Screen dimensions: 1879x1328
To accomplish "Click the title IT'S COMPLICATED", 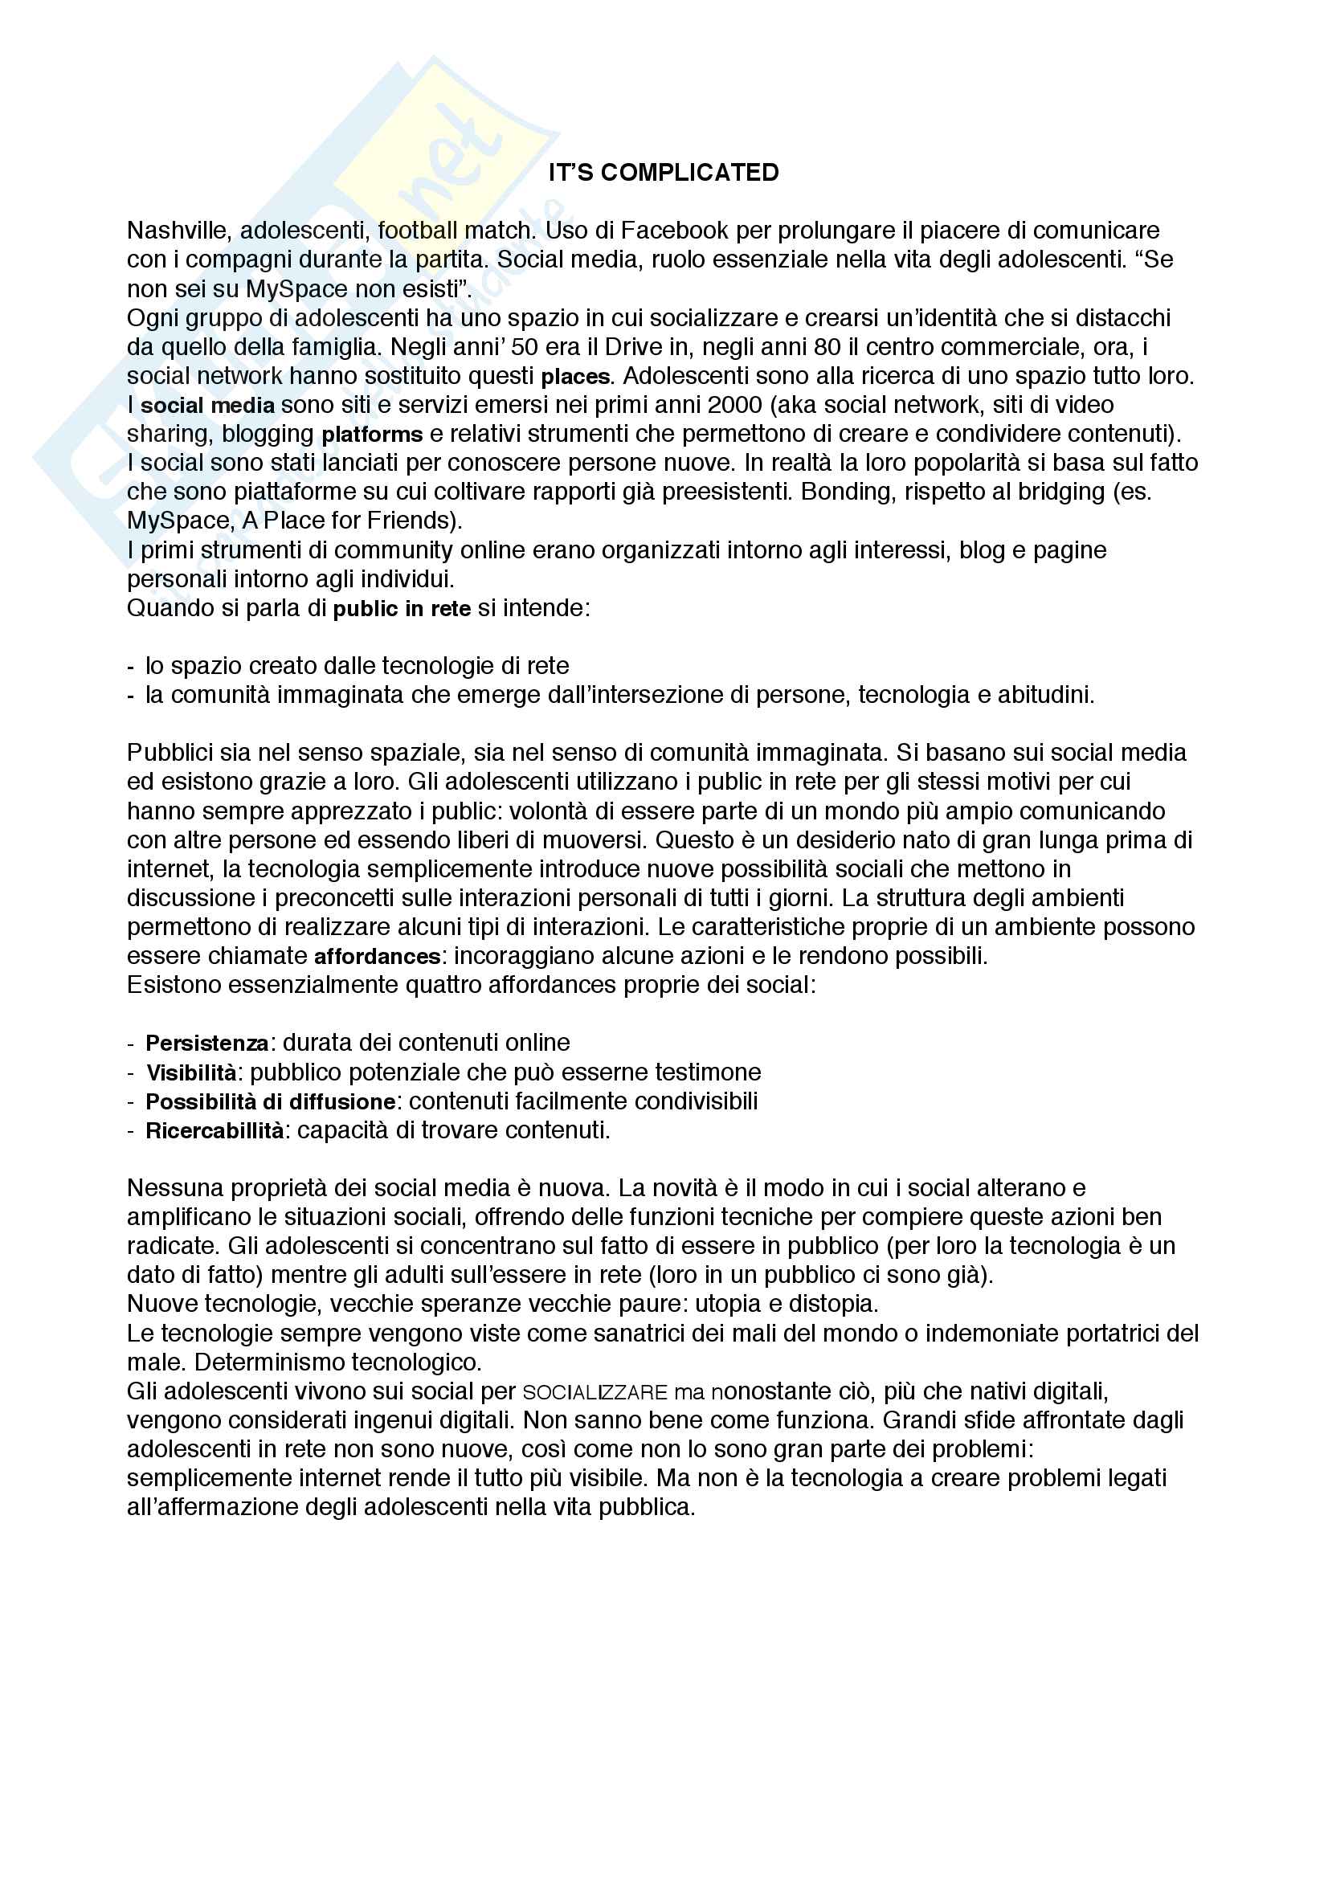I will pos(663,173).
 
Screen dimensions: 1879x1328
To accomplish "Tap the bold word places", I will pos(575,378).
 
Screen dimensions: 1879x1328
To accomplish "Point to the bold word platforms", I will pos(371,435).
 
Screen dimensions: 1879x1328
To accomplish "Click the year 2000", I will pos(735,405).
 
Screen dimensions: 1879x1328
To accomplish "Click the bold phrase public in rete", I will pos(402,609).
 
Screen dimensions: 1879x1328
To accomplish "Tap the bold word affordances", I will pos(378,957).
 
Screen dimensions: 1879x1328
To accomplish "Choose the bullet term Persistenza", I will pos(207,1044).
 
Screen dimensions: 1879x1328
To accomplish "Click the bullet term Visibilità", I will pos(191,1073).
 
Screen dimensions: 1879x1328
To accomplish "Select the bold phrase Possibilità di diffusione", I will pos(270,1101).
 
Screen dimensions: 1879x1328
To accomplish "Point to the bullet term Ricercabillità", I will pos(215,1131).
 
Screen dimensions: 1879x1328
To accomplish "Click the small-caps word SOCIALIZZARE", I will pos(595,1393).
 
